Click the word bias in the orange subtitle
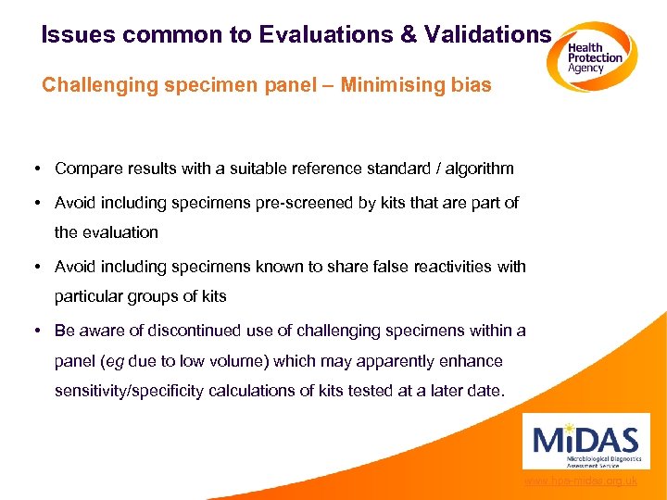pyautogui.click(x=471, y=86)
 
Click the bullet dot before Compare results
pyautogui.click(x=34, y=169)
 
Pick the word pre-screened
pyautogui.click(x=311, y=203)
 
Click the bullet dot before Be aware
pyautogui.click(x=34, y=331)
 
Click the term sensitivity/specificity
pyautogui.click(x=129, y=391)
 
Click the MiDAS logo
pyautogui.click(x=586, y=442)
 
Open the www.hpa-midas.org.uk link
pyautogui.click(x=581, y=481)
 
